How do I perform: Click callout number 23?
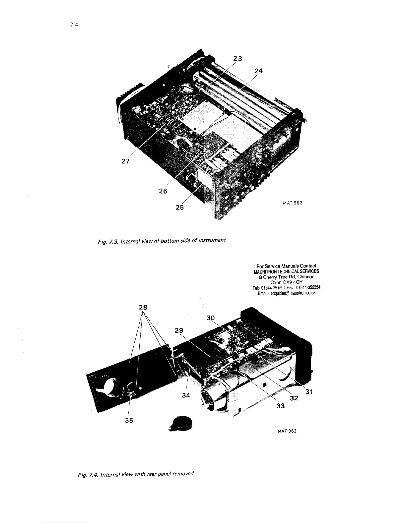[x=237, y=59]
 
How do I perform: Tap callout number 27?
[x=125, y=161]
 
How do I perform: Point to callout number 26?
[x=163, y=191]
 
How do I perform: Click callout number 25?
[x=179, y=208]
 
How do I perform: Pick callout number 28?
[x=143, y=307]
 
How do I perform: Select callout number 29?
[x=179, y=330]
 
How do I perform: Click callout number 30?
[x=211, y=318]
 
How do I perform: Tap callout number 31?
[x=309, y=392]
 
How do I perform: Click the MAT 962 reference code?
[x=292, y=203]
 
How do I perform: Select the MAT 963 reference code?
[x=287, y=431]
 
